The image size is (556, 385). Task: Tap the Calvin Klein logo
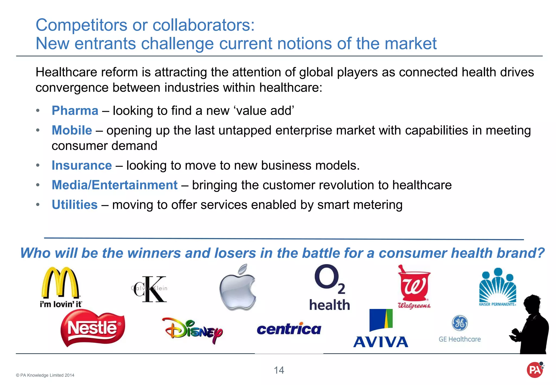[150, 289]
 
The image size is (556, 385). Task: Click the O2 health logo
[329, 288]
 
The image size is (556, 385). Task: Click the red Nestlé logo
[93, 328]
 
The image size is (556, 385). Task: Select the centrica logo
[289, 329]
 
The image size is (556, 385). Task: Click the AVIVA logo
[381, 329]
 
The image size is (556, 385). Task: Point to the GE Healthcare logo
[460, 329]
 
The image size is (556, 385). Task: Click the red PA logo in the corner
[535, 370]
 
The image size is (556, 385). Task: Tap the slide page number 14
[279, 370]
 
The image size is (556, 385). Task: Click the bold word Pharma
[75, 111]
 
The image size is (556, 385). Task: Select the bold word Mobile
[72, 130]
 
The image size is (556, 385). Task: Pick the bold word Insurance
[82, 166]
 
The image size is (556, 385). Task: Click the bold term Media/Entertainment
[115, 185]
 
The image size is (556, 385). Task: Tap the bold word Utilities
[75, 205]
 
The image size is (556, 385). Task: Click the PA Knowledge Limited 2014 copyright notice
[45, 375]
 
